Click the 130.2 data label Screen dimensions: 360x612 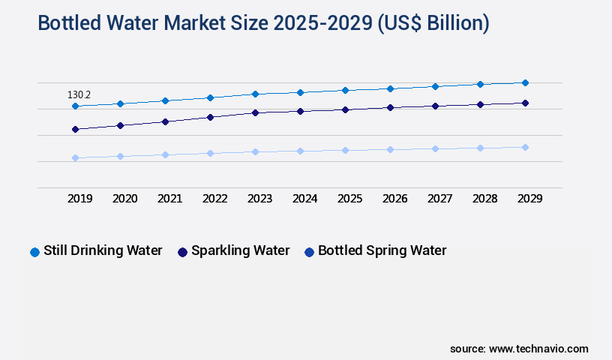click(79, 95)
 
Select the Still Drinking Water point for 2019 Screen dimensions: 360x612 click(75, 106)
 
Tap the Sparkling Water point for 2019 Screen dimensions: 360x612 click(75, 130)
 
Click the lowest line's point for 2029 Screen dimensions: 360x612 click(525, 147)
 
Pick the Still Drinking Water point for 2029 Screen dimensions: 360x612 click(525, 82)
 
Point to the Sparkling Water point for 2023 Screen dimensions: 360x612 click(255, 112)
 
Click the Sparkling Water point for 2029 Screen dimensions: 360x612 click(525, 103)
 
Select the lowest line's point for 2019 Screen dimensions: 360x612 click(75, 157)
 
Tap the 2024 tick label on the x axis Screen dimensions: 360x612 click(304, 199)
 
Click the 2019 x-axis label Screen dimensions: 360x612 click(79, 199)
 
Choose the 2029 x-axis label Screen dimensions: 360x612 click(529, 199)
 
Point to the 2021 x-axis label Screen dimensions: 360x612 click(169, 199)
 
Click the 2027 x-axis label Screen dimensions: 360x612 click(439, 199)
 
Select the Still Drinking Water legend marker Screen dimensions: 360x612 click(34, 252)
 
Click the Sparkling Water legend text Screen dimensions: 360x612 click(240, 251)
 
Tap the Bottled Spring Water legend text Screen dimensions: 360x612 click(382, 251)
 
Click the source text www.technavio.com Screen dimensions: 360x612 click(538, 349)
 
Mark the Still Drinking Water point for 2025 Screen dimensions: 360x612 click(345, 90)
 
